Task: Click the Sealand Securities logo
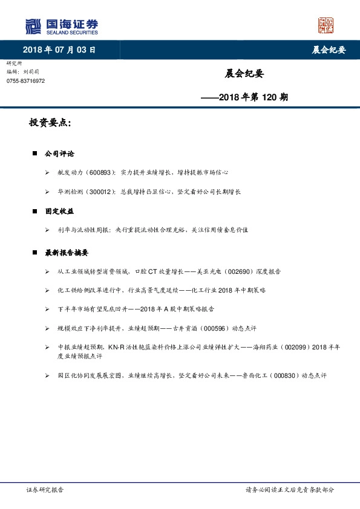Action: click(x=61, y=26)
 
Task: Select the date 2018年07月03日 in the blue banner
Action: click(x=59, y=50)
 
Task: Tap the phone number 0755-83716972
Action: click(x=25, y=81)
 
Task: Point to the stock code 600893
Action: click(x=99, y=172)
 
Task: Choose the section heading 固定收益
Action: click(x=59, y=212)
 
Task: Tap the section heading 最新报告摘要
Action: click(x=67, y=253)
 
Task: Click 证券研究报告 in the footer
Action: click(x=45, y=490)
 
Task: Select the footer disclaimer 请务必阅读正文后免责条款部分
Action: click(x=289, y=490)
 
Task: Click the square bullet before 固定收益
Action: click(x=34, y=212)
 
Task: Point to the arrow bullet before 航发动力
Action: click(x=47, y=173)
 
